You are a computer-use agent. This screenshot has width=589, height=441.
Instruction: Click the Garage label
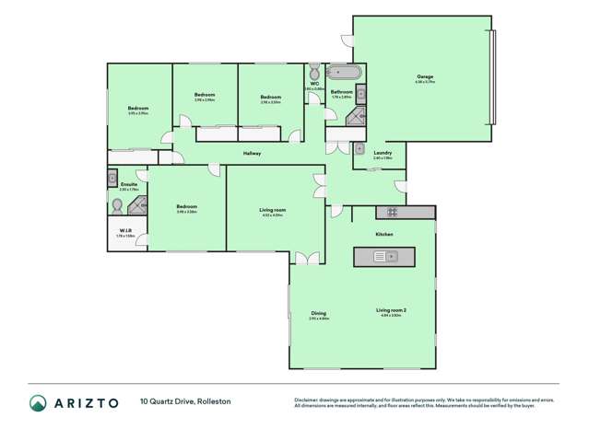tap(424, 76)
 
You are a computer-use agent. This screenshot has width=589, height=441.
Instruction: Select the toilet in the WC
tap(314, 72)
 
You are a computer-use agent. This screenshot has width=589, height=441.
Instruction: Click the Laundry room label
tap(383, 153)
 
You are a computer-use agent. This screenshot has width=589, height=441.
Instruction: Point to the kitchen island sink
tap(385, 256)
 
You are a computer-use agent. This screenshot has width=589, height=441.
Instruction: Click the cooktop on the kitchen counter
tap(391, 213)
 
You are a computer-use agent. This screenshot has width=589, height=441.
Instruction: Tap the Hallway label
tap(252, 153)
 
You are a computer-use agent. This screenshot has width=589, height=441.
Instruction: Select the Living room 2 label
tap(391, 310)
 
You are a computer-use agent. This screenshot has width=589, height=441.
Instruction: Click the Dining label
tap(318, 313)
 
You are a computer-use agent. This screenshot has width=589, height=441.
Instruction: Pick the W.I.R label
tap(125, 230)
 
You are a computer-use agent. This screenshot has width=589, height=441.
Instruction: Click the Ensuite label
tap(129, 184)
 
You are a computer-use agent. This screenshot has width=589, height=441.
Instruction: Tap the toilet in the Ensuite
tap(117, 209)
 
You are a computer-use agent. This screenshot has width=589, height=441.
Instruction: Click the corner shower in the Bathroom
tap(357, 115)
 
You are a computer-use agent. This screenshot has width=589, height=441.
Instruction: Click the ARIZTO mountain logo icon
tap(38, 402)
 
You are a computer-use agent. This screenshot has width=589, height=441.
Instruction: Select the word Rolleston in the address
tap(212, 401)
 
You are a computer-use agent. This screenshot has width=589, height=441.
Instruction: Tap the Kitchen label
tap(384, 234)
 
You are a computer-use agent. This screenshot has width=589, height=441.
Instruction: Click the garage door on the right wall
tap(494, 78)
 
